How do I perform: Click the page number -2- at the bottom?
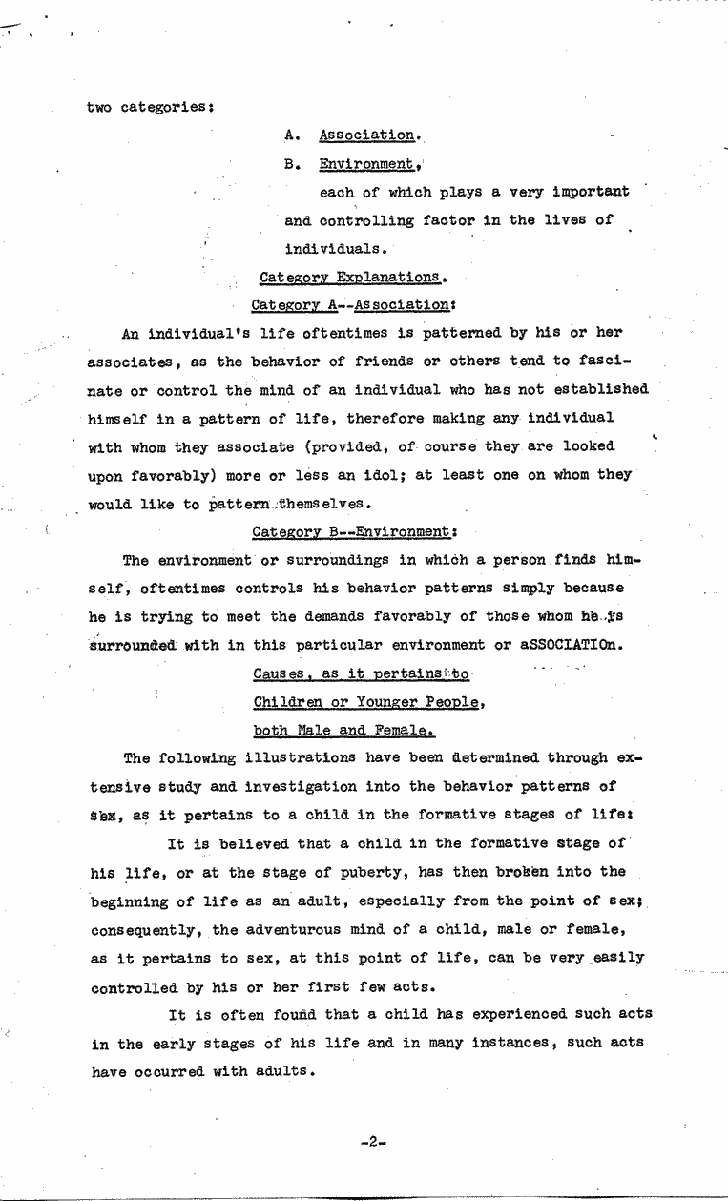coord(372,1141)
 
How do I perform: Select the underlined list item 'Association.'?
coord(366,135)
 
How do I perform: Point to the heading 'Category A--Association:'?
coord(352,305)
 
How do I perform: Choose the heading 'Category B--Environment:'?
coord(351,531)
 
